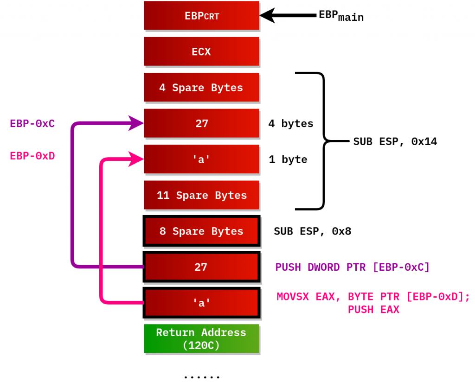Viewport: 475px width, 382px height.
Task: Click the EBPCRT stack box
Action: (x=201, y=16)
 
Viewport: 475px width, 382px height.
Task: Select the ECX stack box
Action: (x=201, y=51)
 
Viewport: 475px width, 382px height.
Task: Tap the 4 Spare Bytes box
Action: (x=201, y=88)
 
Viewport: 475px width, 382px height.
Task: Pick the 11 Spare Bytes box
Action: (x=201, y=195)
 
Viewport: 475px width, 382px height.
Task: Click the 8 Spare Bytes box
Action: (x=201, y=231)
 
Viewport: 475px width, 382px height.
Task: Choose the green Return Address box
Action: (x=201, y=339)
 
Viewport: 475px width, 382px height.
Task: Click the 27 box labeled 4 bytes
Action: (x=201, y=123)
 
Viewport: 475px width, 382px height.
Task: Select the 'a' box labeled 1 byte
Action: (x=201, y=159)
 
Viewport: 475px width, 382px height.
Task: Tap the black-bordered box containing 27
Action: (x=201, y=267)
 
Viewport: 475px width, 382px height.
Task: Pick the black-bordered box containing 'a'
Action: (x=201, y=303)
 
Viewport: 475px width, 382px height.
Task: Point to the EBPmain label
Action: (x=341, y=16)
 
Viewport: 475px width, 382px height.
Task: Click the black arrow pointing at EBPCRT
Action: (x=288, y=16)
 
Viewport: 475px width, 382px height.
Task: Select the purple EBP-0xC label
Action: (x=32, y=124)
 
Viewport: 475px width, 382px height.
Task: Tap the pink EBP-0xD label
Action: (x=32, y=156)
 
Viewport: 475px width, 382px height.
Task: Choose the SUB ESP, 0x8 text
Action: (x=313, y=231)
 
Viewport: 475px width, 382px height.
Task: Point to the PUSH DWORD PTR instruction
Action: (x=353, y=267)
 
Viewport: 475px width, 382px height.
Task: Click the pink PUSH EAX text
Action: (x=373, y=310)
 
